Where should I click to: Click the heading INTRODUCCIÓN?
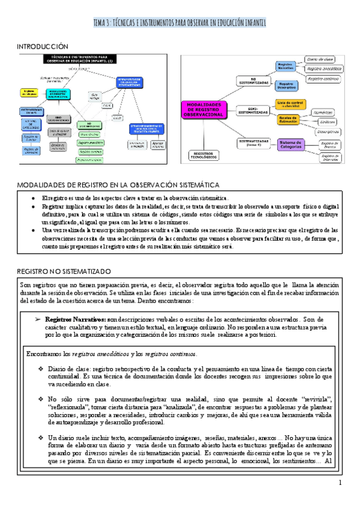click(x=43, y=46)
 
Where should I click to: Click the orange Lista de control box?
click(x=292, y=104)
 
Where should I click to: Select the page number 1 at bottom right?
click(x=340, y=483)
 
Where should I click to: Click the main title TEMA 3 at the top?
click(x=179, y=23)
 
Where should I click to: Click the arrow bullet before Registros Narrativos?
click(x=38, y=319)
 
